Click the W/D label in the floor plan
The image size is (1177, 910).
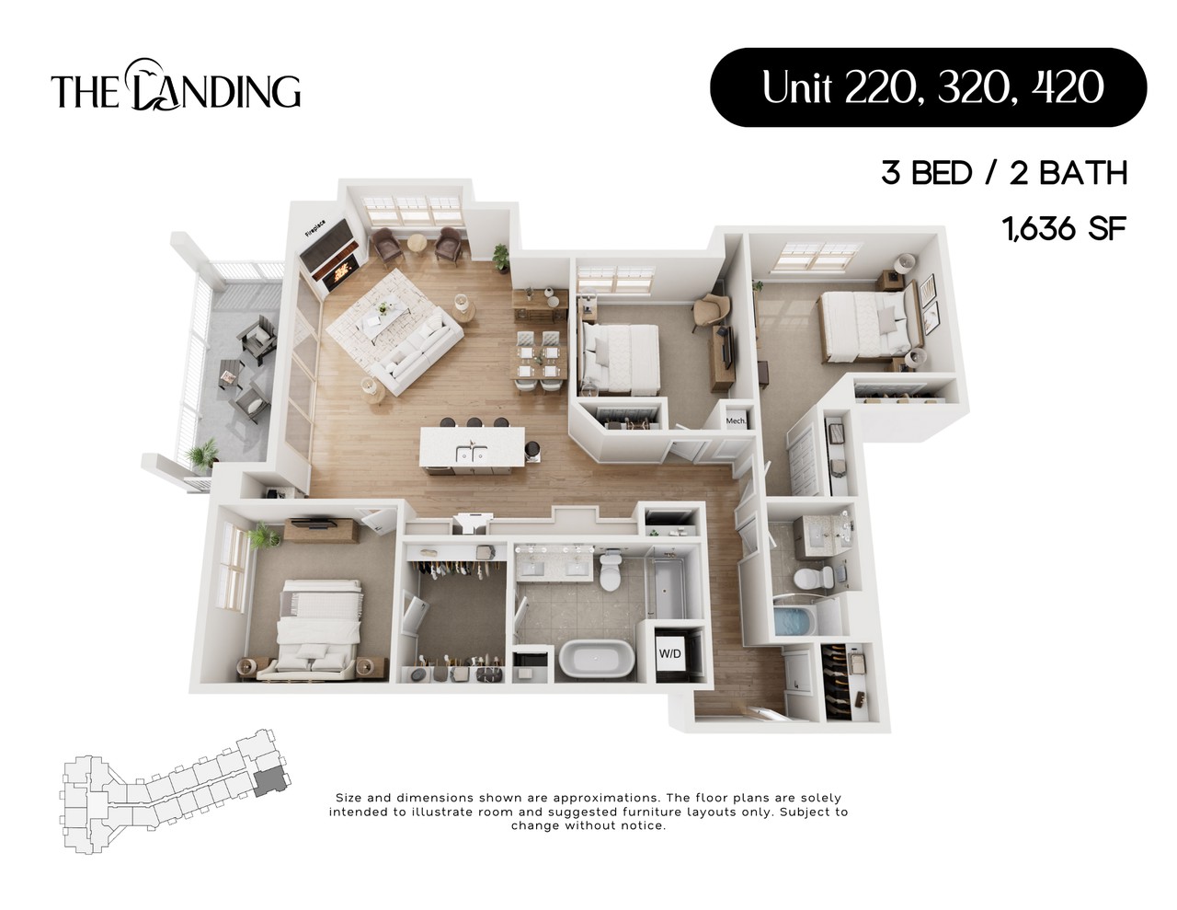click(669, 654)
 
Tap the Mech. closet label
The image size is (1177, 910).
click(736, 421)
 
